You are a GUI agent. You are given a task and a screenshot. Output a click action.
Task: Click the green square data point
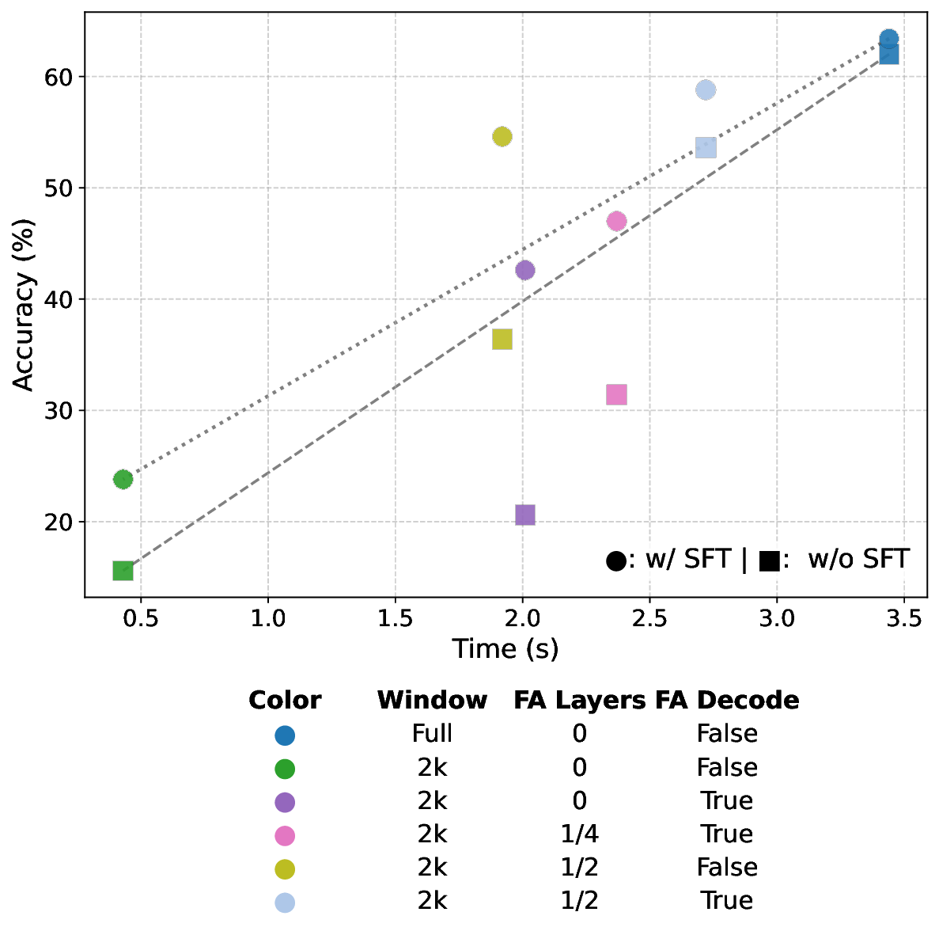pyautogui.click(x=123, y=571)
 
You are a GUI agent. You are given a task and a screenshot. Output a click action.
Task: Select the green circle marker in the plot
pyautogui.click(x=123, y=479)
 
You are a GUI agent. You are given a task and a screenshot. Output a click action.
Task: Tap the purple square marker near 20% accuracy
pyautogui.click(x=524, y=515)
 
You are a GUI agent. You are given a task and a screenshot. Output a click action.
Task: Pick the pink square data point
pyautogui.click(x=616, y=395)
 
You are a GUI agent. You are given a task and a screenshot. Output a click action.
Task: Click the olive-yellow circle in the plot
pyautogui.click(x=502, y=136)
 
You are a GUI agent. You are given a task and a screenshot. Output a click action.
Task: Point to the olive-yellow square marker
pyautogui.click(x=502, y=340)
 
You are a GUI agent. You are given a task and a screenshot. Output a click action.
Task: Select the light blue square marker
pyautogui.click(x=705, y=148)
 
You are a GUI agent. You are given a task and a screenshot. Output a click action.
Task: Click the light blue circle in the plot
pyautogui.click(x=705, y=89)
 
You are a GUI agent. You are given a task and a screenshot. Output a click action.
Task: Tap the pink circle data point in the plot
pyautogui.click(x=616, y=221)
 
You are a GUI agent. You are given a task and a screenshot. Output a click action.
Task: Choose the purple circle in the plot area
pyautogui.click(x=524, y=270)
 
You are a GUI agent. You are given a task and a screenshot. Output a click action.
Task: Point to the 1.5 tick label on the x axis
pyautogui.click(x=395, y=618)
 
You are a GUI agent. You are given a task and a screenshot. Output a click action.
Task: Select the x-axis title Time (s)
pyautogui.click(x=505, y=649)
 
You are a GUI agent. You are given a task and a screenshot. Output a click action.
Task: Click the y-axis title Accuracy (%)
pyautogui.click(x=25, y=306)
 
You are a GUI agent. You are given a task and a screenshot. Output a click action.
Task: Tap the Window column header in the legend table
pyautogui.click(x=432, y=701)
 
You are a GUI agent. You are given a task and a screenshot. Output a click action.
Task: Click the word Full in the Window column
pyautogui.click(x=432, y=734)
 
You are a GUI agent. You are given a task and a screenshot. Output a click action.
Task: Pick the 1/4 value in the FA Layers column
pyautogui.click(x=579, y=834)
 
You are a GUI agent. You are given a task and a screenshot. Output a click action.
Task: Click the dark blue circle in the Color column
pyautogui.click(x=285, y=735)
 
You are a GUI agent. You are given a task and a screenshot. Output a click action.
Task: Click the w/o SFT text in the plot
pyautogui.click(x=858, y=559)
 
